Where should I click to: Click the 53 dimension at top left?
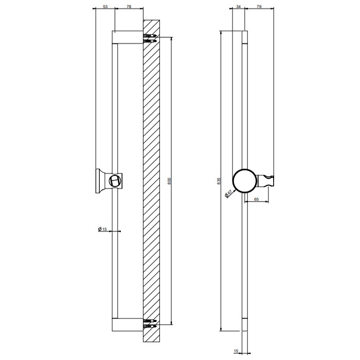click(x=105, y=7)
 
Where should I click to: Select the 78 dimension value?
click(x=128, y=7)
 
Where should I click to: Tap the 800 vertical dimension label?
click(x=170, y=181)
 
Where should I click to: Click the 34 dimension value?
click(x=238, y=7)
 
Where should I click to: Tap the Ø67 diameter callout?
click(x=228, y=194)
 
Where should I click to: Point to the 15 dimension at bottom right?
click(x=237, y=351)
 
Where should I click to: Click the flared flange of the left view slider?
click(x=99, y=181)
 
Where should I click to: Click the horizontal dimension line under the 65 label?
click(x=259, y=202)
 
